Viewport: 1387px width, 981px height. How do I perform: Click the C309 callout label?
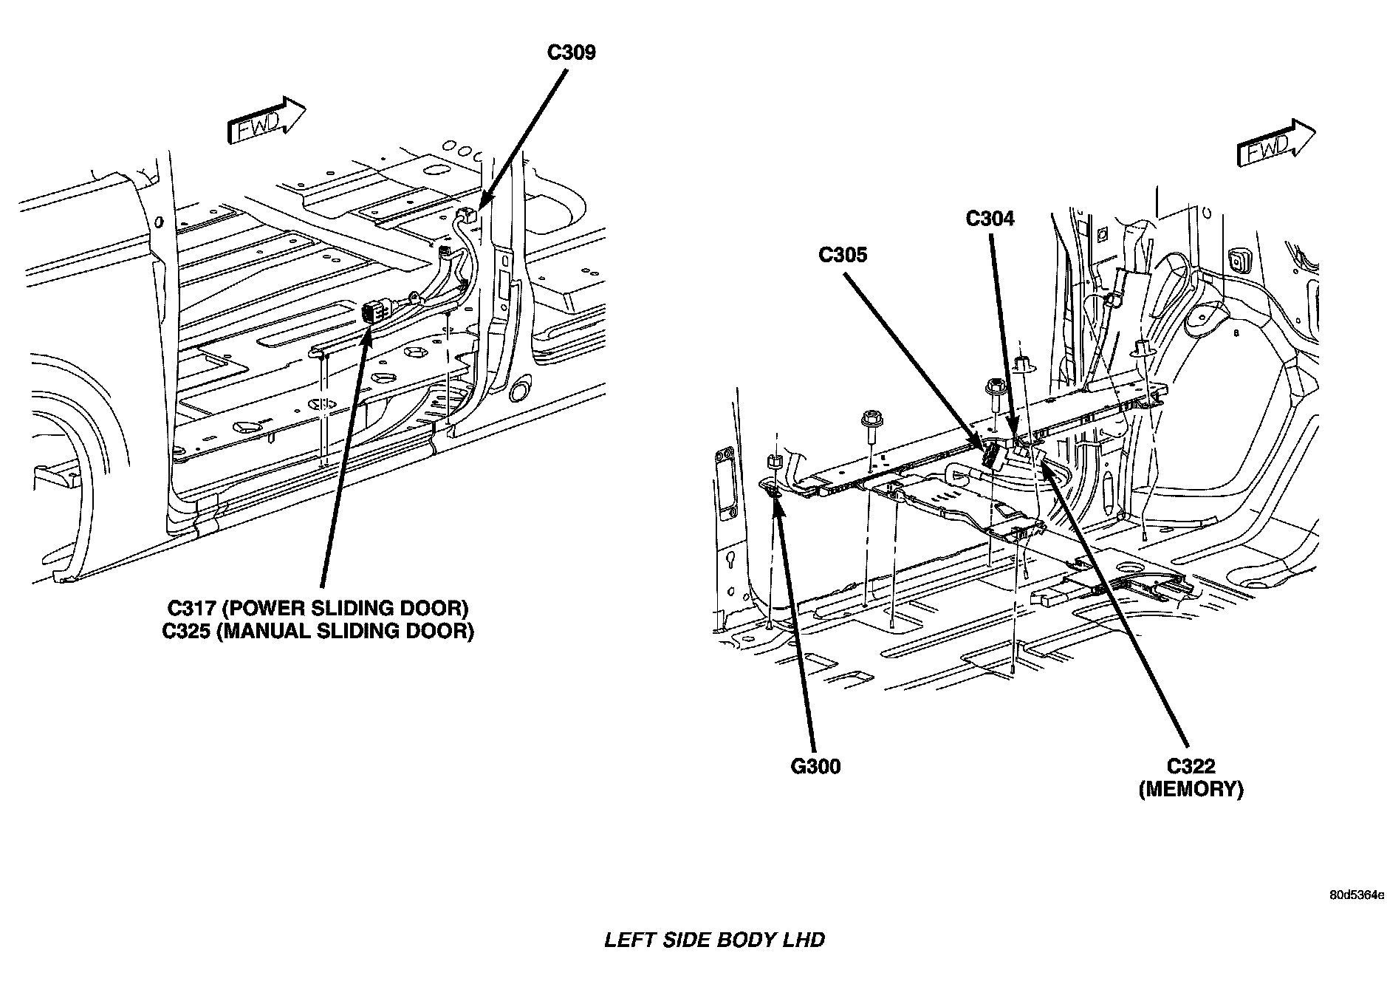tap(571, 53)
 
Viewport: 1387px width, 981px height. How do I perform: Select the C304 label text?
tap(990, 219)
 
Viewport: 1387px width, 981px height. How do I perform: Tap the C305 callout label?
tap(843, 255)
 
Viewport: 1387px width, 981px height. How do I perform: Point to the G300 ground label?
tap(815, 767)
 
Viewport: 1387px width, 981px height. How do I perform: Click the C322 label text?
tap(1191, 767)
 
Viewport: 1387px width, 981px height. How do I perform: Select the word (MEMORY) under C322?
tap(1191, 789)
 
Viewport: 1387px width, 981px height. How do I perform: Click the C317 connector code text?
tap(190, 609)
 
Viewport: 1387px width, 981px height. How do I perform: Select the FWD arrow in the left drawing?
tap(267, 121)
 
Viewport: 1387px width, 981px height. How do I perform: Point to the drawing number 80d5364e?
tap(1357, 895)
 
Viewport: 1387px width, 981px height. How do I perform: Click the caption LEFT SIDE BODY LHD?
tap(714, 940)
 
